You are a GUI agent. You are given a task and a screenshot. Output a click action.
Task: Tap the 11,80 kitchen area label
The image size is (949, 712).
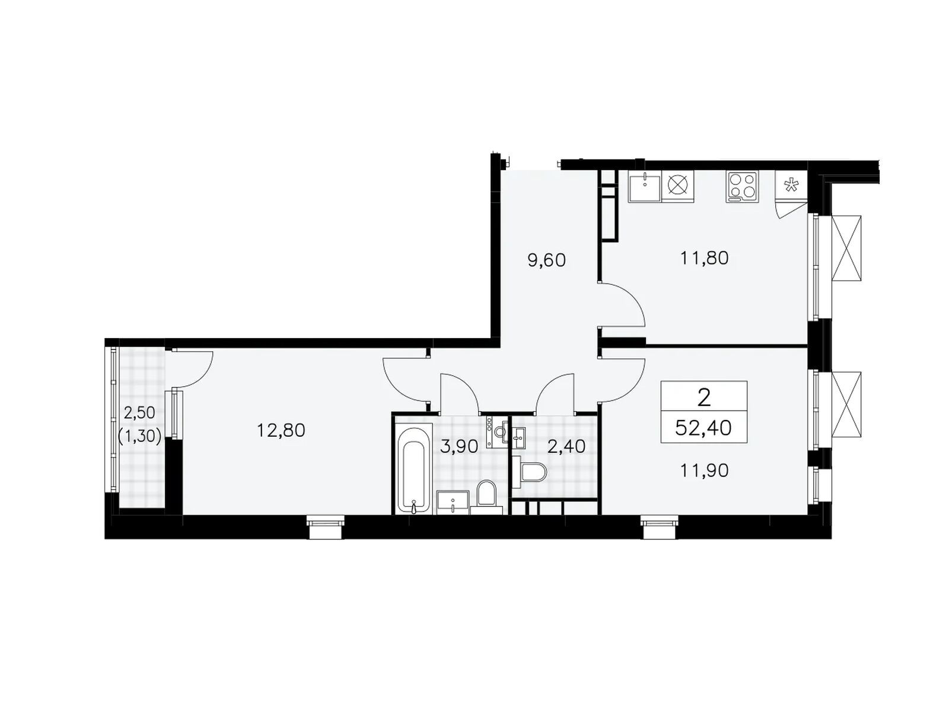pyautogui.click(x=704, y=258)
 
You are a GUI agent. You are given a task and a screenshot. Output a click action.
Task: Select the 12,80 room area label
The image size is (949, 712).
pyautogui.click(x=281, y=430)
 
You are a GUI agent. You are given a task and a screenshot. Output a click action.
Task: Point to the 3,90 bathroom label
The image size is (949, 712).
pyautogui.click(x=458, y=447)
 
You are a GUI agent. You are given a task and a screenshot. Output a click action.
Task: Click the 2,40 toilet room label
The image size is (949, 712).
pyautogui.click(x=566, y=447)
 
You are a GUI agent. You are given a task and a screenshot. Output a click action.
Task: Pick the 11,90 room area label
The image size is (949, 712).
pyautogui.click(x=704, y=471)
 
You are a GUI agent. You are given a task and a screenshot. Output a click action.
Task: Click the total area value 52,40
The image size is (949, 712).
pyautogui.click(x=703, y=428)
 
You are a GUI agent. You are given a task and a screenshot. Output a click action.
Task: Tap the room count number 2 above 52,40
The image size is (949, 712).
pyautogui.click(x=704, y=398)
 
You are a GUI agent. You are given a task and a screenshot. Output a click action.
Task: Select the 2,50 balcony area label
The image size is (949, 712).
pyautogui.click(x=139, y=413)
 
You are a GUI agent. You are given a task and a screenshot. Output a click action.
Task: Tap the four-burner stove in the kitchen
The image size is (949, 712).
pyautogui.click(x=743, y=186)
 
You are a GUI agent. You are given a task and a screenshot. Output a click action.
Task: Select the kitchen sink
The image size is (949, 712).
pyautogui.click(x=645, y=186)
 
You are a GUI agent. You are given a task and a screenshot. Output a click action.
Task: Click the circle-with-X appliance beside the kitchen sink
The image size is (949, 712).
pyautogui.click(x=677, y=186)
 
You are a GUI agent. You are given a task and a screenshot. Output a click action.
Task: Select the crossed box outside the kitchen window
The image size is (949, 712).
pyautogui.click(x=846, y=249)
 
